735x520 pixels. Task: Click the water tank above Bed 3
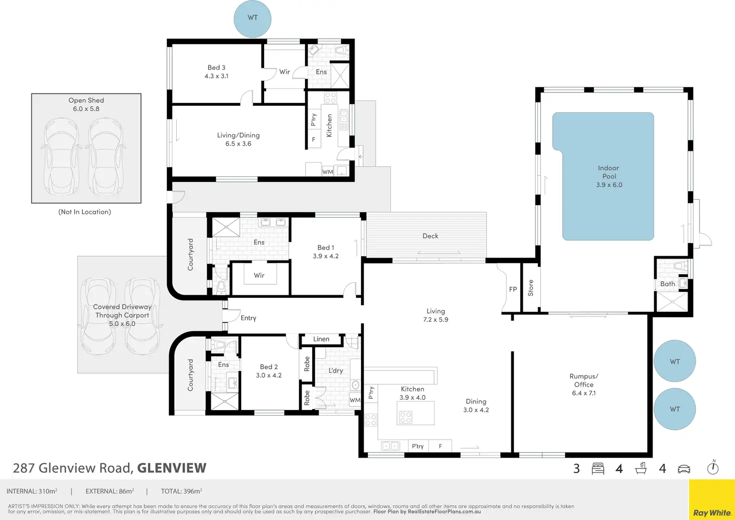coord(252,18)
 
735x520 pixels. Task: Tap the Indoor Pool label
coord(609,176)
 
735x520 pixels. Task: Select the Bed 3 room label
coord(216,71)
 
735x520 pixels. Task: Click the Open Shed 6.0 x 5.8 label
coord(86,104)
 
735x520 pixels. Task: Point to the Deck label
coord(430,236)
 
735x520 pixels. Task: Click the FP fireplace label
coord(513,289)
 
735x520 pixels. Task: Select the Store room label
coord(531,288)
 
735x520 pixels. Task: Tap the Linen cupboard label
coord(321,339)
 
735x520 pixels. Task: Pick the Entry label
coord(248,318)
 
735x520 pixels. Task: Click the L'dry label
coord(336,370)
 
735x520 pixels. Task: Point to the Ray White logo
coord(712,513)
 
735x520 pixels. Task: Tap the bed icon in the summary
coord(598,469)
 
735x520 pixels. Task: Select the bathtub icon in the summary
coord(641,468)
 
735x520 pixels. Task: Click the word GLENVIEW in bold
coord(172,468)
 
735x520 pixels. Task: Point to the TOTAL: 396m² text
coord(181,491)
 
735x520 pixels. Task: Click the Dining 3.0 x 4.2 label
coord(476,406)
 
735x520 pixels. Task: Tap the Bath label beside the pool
coord(668,284)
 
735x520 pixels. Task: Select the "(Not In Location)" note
coord(85,212)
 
